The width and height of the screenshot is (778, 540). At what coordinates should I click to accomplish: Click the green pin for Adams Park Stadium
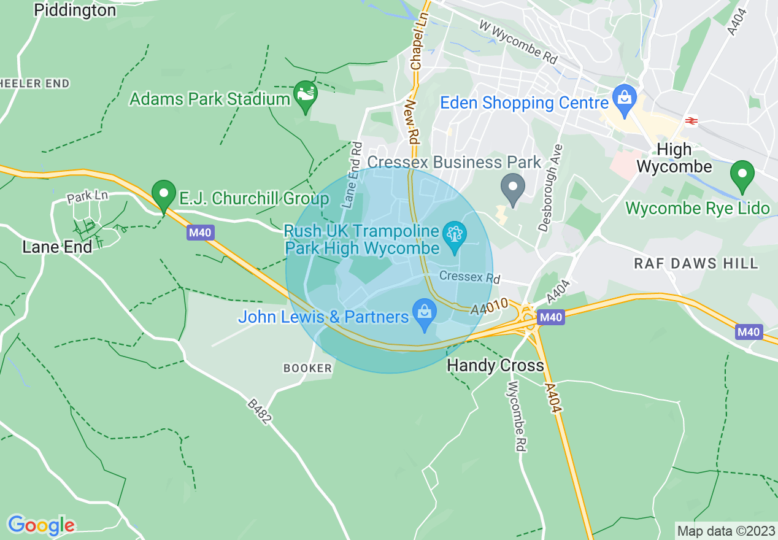(305, 94)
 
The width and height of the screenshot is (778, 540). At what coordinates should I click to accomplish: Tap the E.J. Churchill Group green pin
(164, 194)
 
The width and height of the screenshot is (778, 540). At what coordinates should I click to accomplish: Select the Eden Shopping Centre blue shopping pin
(625, 99)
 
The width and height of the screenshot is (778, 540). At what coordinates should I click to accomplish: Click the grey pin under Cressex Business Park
(513, 187)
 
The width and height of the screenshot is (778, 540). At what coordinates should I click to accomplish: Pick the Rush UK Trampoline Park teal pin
(455, 236)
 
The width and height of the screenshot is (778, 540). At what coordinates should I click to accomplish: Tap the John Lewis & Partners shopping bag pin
(424, 314)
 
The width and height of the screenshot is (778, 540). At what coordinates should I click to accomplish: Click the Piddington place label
(75, 10)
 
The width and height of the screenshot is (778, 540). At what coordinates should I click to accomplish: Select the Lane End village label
(57, 247)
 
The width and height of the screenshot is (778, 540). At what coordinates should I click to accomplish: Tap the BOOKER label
(307, 368)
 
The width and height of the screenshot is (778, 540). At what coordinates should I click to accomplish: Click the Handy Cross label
(495, 366)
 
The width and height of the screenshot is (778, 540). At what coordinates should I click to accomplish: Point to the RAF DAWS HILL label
(696, 264)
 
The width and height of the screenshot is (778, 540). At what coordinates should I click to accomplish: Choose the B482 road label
(259, 411)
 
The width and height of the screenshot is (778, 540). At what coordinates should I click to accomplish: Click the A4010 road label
(490, 306)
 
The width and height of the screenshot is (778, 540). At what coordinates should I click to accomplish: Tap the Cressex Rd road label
(470, 277)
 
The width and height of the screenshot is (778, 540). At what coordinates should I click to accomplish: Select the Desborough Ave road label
(550, 188)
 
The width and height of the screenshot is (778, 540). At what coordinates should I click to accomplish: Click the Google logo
(41, 525)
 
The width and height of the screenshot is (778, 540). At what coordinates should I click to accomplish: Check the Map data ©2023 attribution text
(726, 530)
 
